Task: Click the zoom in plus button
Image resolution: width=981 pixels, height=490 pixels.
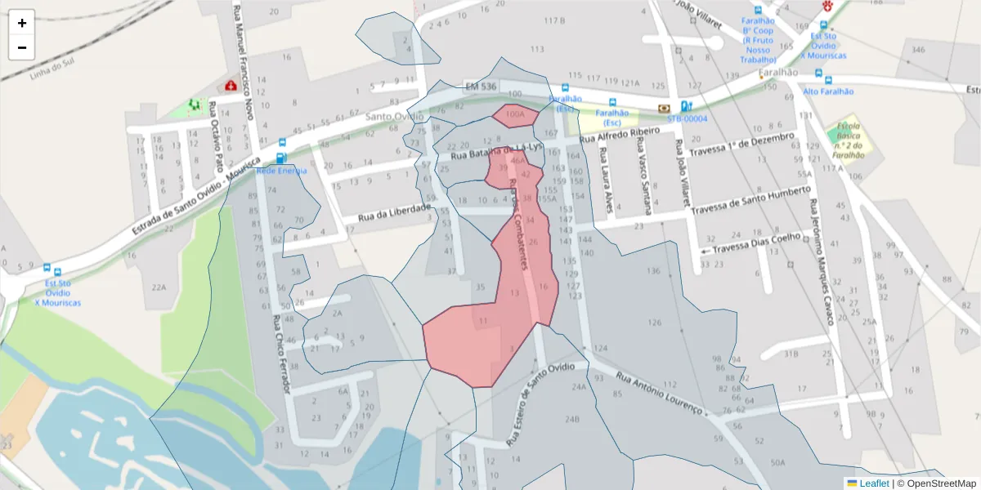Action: point(22,23)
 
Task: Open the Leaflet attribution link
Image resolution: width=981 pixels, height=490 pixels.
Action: point(873,483)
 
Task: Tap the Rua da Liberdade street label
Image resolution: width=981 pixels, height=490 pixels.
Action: point(394,213)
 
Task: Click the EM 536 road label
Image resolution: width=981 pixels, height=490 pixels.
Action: point(481,87)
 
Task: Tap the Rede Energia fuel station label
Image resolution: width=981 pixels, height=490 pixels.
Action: point(282,171)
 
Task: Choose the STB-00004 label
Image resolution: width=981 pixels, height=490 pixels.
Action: point(687,118)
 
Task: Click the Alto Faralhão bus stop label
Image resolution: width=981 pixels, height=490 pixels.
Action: point(828,92)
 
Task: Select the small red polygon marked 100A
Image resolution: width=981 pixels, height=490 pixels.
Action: point(515,115)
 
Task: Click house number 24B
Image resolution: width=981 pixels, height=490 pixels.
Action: point(571,420)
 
